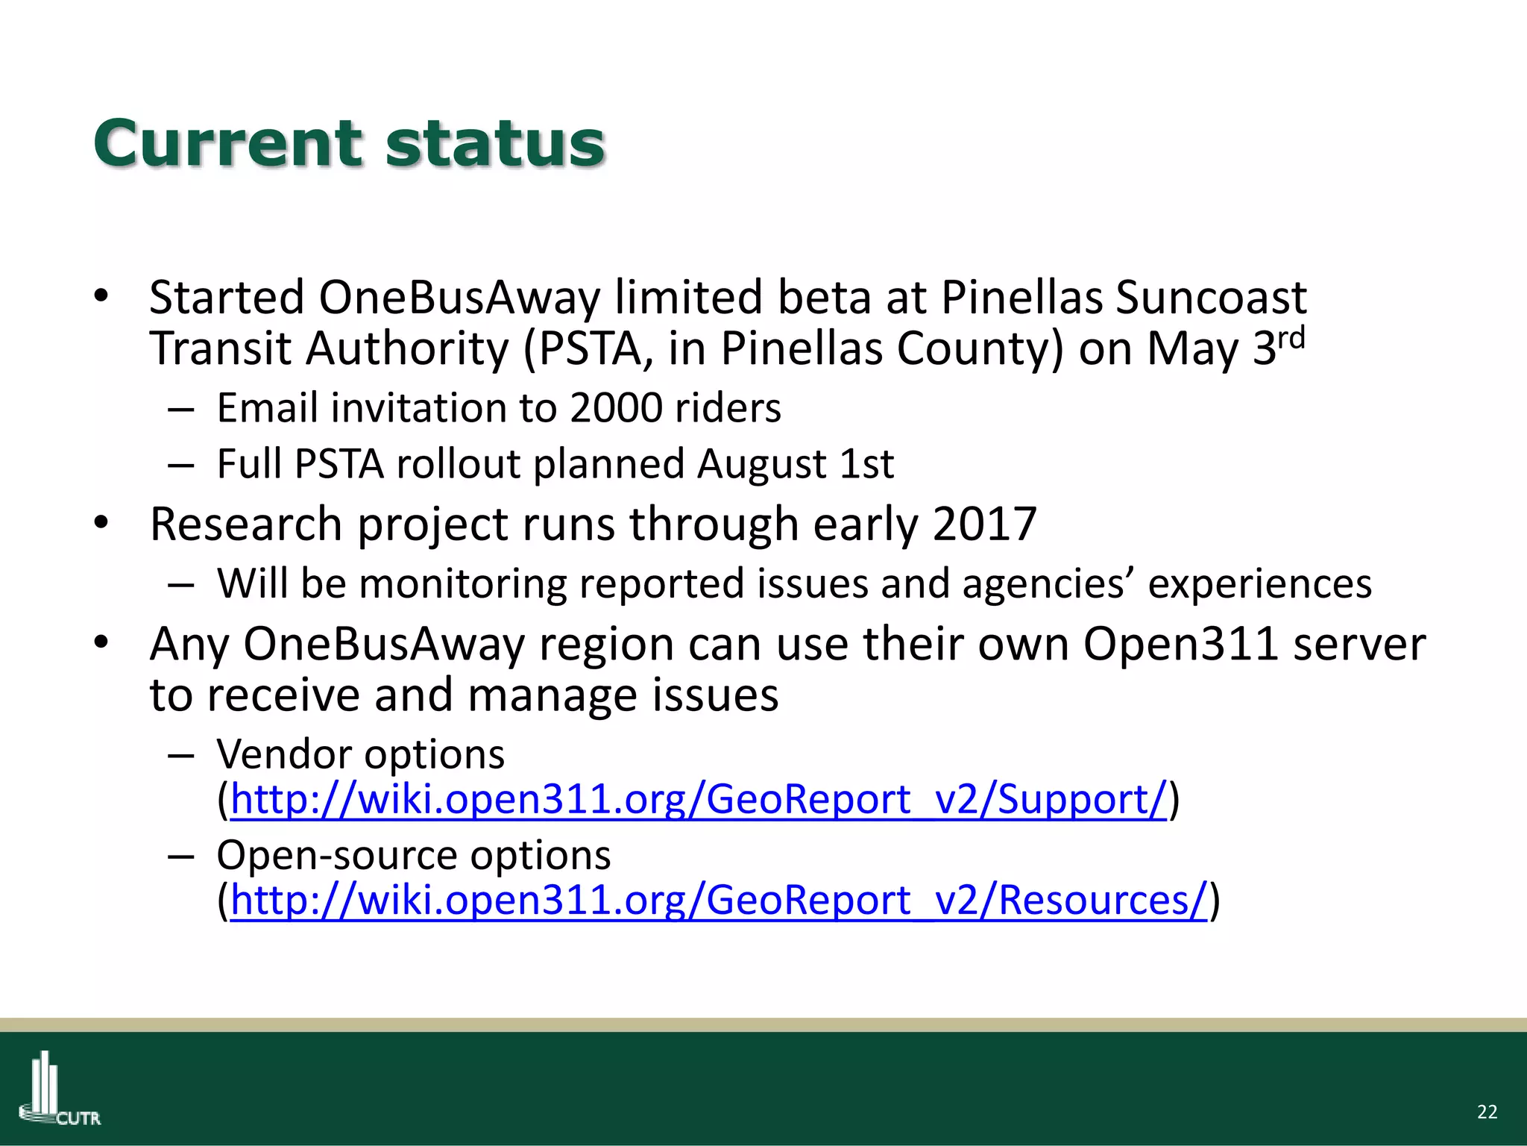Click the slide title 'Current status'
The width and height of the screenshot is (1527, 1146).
[349, 144]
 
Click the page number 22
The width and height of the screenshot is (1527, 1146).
[1487, 1112]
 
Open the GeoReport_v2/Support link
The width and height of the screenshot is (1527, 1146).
[698, 800]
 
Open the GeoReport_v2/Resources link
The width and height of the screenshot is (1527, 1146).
[718, 901]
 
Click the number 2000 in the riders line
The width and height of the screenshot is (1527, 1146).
[616, 408]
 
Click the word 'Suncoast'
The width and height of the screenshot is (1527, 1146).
[1211, 298]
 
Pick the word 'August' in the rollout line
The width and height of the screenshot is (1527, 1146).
[761, 464]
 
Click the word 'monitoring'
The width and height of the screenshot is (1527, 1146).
[462, 583]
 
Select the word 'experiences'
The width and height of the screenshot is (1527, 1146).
[1259, 583]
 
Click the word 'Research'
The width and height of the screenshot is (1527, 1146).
[246, 524]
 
